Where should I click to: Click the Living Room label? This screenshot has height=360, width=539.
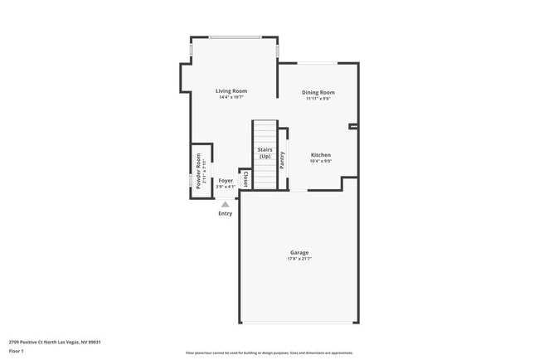pos(231,91)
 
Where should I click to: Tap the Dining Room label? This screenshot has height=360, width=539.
pos(318,92)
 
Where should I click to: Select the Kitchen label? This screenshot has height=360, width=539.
pos(321,155)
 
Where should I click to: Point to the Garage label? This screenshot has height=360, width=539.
pos(299,252)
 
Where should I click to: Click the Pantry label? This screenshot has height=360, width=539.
pos(282,160)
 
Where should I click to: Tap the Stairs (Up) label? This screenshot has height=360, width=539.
pos(265,153)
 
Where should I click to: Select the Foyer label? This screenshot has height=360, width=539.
pos(226,180)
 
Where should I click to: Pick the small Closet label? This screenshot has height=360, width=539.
pos(245,179)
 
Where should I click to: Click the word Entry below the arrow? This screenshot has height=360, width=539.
pos(226,214)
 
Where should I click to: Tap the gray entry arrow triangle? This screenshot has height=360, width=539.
pos(225,203)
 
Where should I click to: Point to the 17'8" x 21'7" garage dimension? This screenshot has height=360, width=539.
pos(299,259)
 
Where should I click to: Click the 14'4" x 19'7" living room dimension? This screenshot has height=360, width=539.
pos(231,98)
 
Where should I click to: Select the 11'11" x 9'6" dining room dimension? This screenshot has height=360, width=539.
pos(318,99)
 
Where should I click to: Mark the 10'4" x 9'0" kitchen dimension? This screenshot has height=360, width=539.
pos(321,162)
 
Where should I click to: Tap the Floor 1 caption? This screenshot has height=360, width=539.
pos(17,351)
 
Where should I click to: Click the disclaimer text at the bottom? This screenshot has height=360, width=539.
pos(269,352)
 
